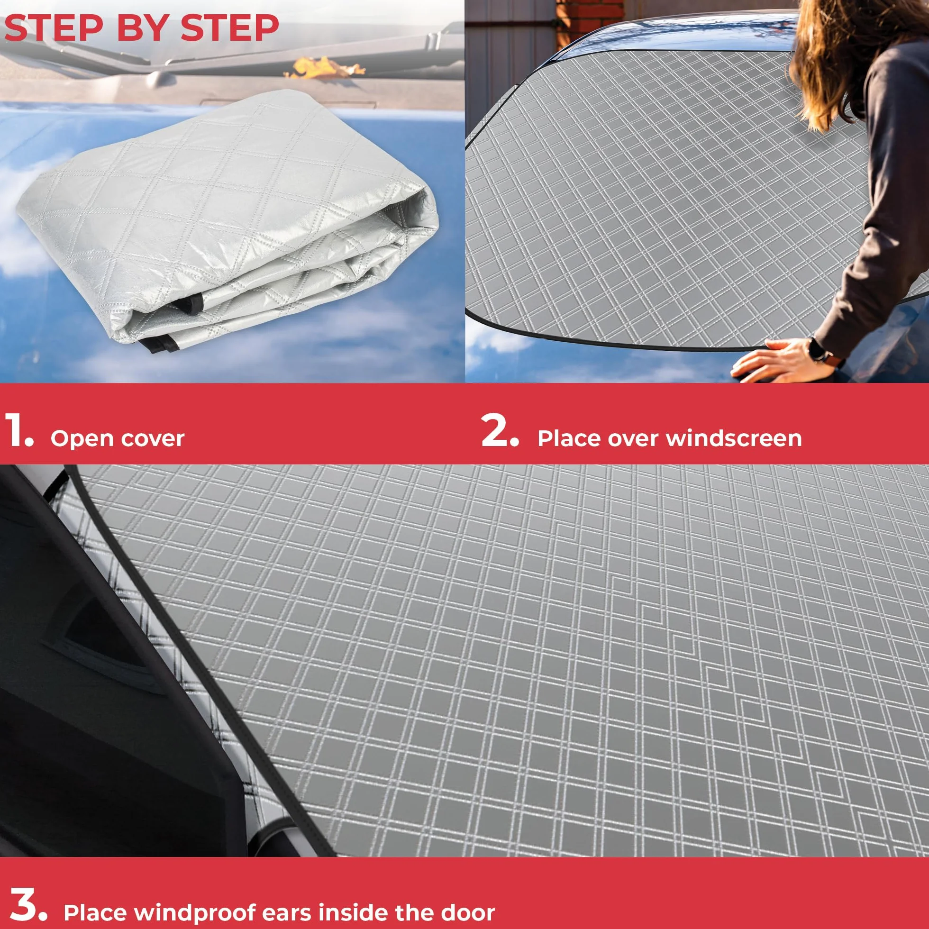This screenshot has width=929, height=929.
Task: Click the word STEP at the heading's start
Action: click(x=55, y=28)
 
